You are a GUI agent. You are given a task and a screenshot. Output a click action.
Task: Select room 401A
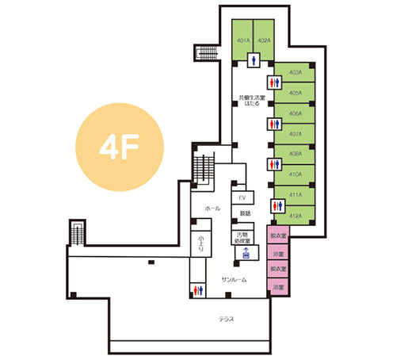[x=242, y=40]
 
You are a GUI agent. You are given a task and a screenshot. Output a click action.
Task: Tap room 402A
[x=265, y=40]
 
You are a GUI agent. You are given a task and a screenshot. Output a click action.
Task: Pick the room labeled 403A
[x=296, y=72]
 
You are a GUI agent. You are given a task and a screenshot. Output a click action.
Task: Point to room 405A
[x=296, y=93]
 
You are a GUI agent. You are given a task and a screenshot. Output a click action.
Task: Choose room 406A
[x=296, y=113]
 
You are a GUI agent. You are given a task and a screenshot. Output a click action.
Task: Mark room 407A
[x=296, y=133]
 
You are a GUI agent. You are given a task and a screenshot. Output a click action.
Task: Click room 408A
[x=296, y=154]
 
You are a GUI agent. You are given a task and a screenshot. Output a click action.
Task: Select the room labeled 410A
[x=296, y=174]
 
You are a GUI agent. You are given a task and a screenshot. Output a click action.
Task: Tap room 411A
[x=296, y=194]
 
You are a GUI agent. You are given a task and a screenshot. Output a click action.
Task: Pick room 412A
[x=296, y=214]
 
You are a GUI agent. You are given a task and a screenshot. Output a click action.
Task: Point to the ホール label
[x=212, y=208]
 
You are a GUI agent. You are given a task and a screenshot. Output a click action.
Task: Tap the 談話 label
[x=244, y=214]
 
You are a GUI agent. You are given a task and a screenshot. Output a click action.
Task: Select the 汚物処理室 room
[x=244, y=236]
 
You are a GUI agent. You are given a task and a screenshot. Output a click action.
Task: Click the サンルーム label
[x=234, y=280]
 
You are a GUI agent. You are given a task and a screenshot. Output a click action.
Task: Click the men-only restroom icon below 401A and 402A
[x=254, y=58]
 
